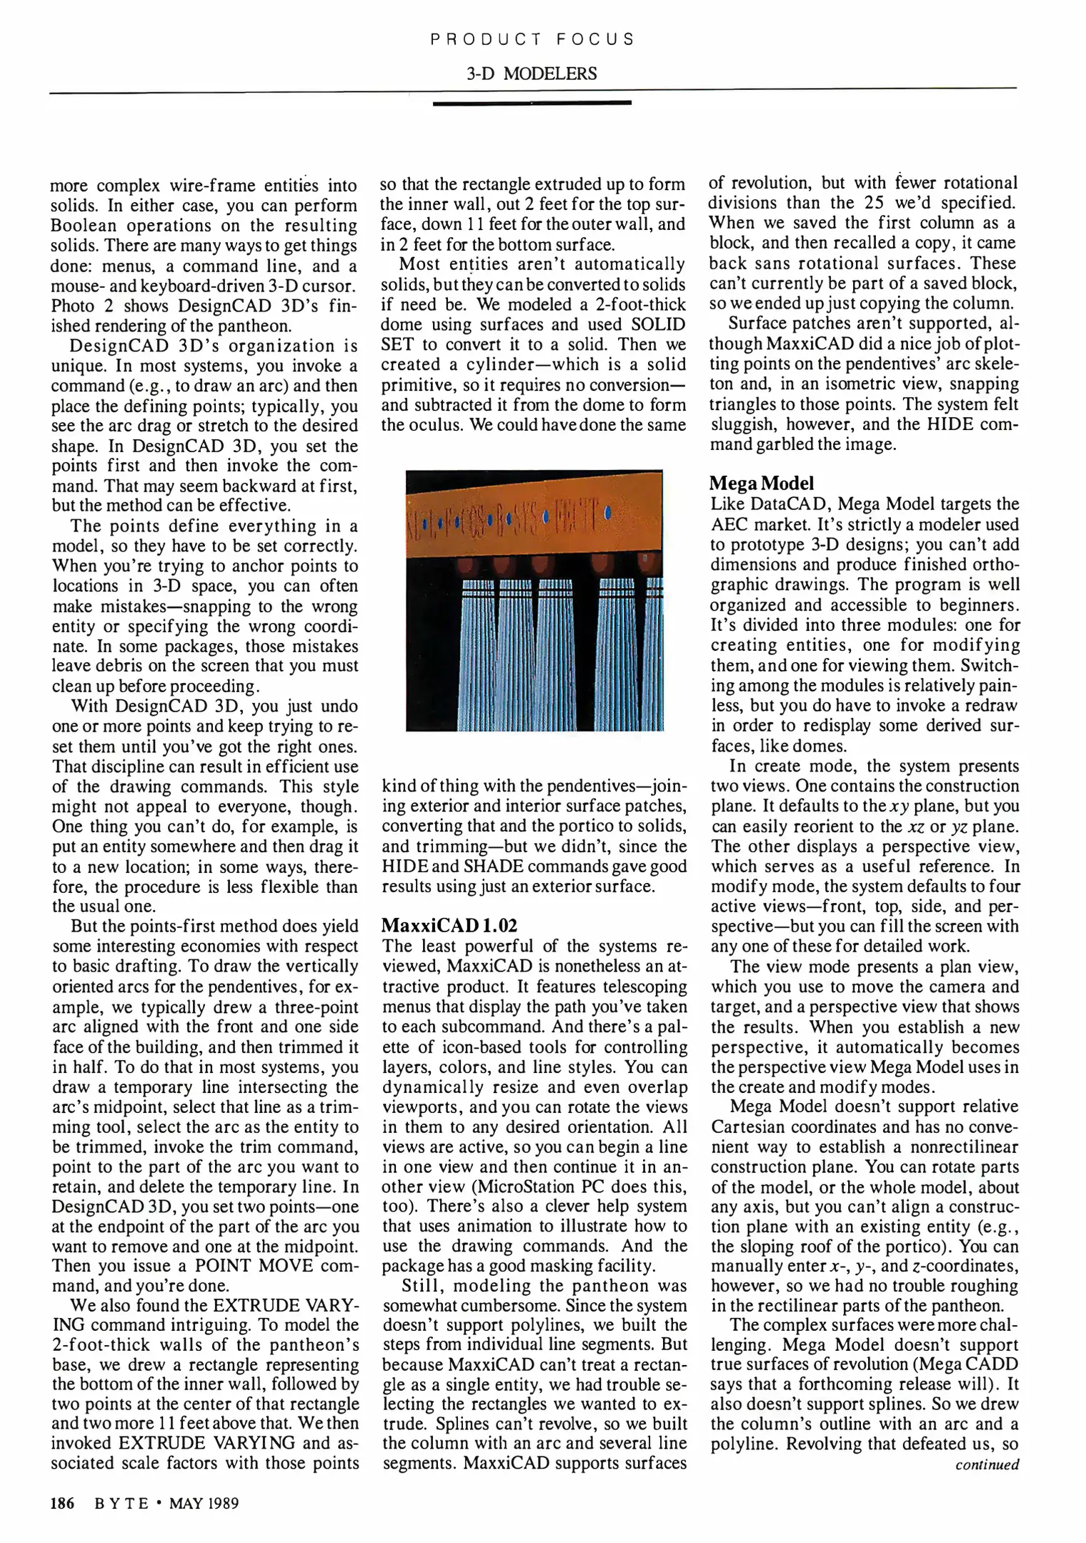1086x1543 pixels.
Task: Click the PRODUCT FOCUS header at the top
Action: pos(532,39)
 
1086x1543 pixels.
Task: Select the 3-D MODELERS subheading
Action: pos(532,74)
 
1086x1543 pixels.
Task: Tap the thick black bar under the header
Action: pos(532,104)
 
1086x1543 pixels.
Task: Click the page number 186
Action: pos(63,1503)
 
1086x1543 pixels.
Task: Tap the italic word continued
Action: pos(987,1464)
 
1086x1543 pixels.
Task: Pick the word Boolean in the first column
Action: pos(88,226)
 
